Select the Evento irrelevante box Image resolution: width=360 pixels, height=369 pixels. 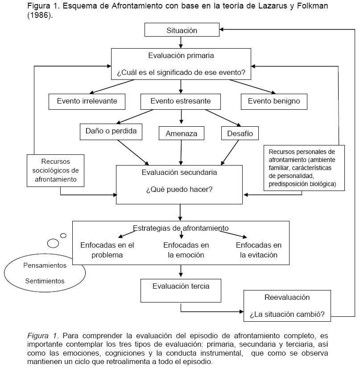coord(87,101)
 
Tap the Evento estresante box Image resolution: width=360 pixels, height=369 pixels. coord(181,101)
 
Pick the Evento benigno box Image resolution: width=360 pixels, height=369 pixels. coord(274,101)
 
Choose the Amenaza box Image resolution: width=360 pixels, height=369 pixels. coord(181,133)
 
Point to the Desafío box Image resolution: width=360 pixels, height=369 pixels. coord(240,133)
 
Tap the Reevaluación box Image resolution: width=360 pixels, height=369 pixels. coord(287,306)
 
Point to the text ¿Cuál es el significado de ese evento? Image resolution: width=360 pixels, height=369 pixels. coord(181,71)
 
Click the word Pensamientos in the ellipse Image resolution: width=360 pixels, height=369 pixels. coord(45,265)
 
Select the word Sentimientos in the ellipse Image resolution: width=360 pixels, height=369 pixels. coord(45,281)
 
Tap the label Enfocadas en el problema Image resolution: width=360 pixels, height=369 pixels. coord(107,250)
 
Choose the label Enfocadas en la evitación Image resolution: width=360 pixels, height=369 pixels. coord(259,250)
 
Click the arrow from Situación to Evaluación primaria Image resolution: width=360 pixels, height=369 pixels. coord(181,42)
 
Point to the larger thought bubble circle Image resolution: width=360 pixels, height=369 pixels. coord(53,243)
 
